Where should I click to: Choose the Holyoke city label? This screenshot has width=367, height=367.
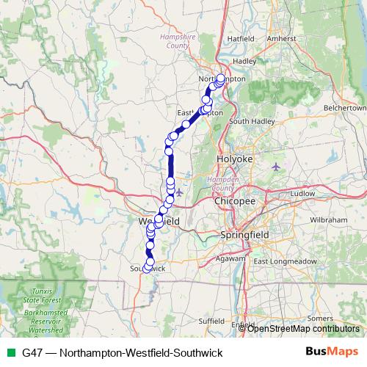tap(234, 159)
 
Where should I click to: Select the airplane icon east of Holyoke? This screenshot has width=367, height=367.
tap(275, 166)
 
